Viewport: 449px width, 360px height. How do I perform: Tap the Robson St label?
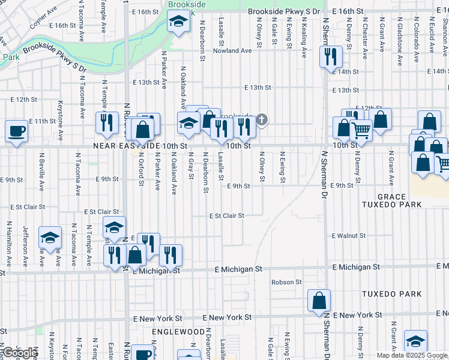pos(286,282)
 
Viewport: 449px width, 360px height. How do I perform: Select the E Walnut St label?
pos(349,236)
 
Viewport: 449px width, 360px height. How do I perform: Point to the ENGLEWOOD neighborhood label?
pos(178,332)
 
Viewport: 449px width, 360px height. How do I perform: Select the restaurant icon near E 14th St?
pos(330,57)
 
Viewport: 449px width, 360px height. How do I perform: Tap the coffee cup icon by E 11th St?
pos(16,131)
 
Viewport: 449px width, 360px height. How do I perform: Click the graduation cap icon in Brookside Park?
pos(178,23)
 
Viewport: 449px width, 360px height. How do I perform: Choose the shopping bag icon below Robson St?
pos(319,300)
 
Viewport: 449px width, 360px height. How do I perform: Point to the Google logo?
pos(20,353)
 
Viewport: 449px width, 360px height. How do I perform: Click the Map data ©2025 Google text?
pos(412,355)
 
